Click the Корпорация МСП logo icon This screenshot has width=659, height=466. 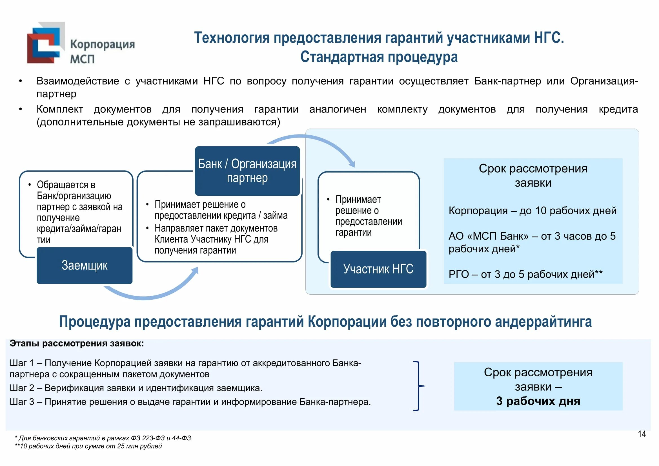pos(46,43)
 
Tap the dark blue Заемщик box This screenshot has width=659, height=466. pos(85,266)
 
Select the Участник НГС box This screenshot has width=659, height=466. pos(378,269)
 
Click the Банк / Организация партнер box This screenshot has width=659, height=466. pos(247,171)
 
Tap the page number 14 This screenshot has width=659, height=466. pos(642,434)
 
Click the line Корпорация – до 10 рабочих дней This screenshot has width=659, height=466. pos(532,211)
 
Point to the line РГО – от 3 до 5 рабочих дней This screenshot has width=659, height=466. pos(525,275)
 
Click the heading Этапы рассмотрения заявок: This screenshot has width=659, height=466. pos(77,343)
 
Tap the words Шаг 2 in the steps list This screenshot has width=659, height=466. pos(22,388)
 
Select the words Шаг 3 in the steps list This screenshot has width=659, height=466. pos(22,402)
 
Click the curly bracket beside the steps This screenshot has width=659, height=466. pos(418,386)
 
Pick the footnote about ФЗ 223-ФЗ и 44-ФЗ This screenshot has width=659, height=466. pos(103,438)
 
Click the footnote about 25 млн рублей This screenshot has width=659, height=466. pos(88,446)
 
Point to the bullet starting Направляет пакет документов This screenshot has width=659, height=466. pos(216,239)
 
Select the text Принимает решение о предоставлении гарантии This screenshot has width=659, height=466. pos(368,216)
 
